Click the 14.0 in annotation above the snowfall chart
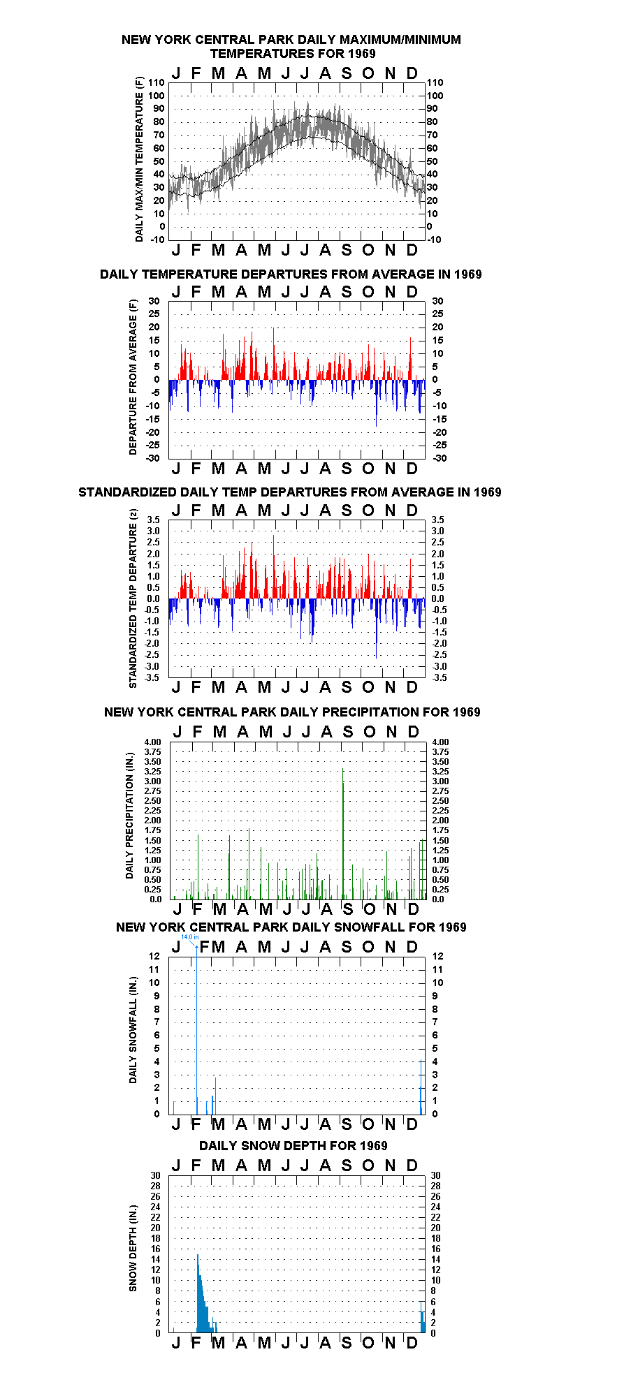pos(189,937)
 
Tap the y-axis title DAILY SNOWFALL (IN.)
pos(133,1029)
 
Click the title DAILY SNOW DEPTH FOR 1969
pos(293,1145)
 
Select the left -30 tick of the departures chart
pos(152,458)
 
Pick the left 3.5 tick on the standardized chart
pos(153,520)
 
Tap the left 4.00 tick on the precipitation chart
pos(153,742)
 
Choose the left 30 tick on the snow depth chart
pos(155,1175)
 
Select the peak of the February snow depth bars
pos(197,1255)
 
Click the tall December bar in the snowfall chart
pos(421,1087)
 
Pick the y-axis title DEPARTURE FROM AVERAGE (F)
pos(133,377)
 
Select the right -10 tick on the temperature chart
pos(434,240)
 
